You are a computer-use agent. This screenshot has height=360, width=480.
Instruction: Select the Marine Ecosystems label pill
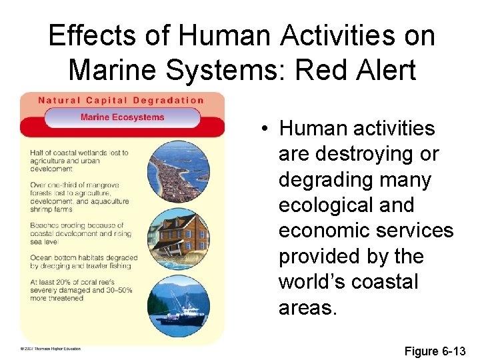pos(122,117)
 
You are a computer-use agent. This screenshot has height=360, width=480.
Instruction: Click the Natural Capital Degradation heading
pos(121,101)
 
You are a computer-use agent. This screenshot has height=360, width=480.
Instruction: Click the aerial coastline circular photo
pos(178,171)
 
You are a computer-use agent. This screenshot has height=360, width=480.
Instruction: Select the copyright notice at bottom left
pos(49,349)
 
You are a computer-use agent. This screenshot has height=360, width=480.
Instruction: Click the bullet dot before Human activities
pos(266,128)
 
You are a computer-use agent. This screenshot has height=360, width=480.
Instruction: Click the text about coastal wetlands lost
pos(79,161)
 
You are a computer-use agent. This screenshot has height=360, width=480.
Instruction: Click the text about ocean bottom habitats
pos(83,262)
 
